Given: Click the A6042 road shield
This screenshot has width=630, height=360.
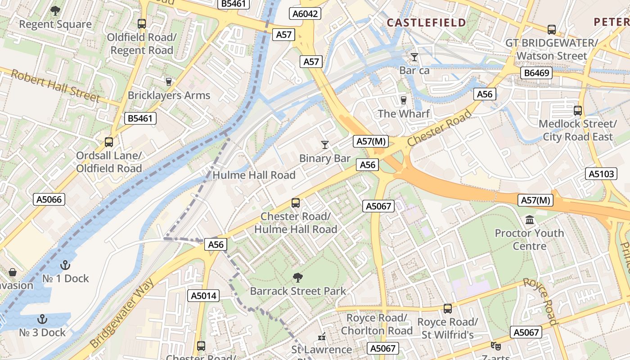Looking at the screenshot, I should pyautogui.click(x=305, y=14).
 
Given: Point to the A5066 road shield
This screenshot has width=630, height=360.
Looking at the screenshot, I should pyautogui.click(x=49, y=199).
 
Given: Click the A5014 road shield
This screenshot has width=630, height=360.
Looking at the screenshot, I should pyautogui.click(x=203, y=296).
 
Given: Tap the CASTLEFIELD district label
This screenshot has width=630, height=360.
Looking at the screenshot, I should pyautogui.click(x=427, y=23).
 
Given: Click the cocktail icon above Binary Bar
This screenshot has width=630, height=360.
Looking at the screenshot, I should pyautogui.click(x=325, y=144).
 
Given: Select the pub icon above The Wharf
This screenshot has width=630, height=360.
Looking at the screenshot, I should pyautogui.click(x=404, y=100).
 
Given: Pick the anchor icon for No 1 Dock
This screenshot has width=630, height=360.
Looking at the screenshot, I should pyautogui.click(x=66, y=265).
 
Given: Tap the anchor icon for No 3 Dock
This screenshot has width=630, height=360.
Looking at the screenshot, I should pyautogui.click(x=42, y=319).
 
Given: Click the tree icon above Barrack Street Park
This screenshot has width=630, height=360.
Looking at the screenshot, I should pyautogui.click(x=297, y=277).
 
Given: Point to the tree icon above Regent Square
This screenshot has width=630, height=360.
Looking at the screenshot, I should pyautogui.click(x=55, y=10).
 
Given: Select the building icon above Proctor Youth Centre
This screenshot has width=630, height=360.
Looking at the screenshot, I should pyautogui.click(x=530, y=220).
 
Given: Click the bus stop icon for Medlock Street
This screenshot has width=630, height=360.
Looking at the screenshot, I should pyautogui.click(x=578, y=110).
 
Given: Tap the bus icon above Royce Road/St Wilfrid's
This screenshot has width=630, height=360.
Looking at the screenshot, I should pyautogui.click(x=447, y=309).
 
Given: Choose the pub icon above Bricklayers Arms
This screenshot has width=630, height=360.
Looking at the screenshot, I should pyautogui.click(x=169, y=81).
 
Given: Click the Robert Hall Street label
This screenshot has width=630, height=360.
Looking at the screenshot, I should pyautogui.click(x=55, y=85).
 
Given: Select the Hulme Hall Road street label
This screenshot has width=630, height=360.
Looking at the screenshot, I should pyautogui.click(x=254, y=175).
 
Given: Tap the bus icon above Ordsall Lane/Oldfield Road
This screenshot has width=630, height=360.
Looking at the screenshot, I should pyautogui.click(x=109, y=142).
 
